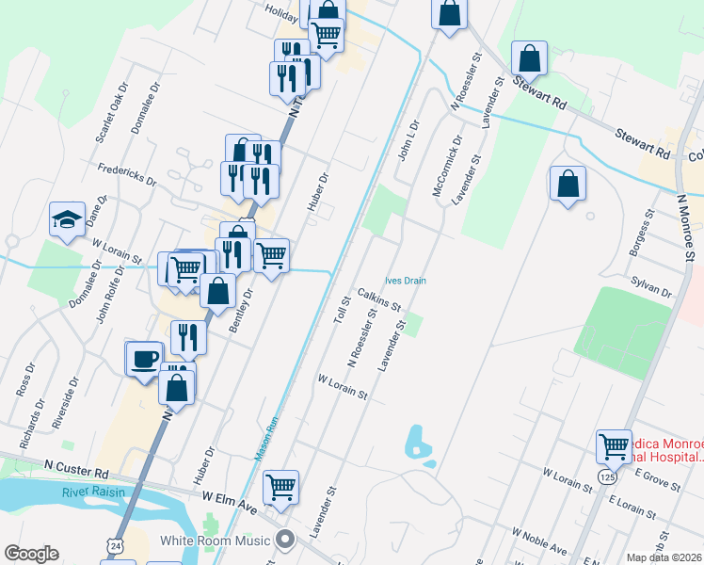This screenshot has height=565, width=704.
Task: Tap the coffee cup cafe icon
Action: [x=144, y=359]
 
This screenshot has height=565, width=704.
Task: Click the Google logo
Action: [x=31, y=554]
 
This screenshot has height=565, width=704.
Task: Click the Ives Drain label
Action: [x=407, y=280]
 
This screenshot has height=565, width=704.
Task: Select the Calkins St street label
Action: [x=379, y=299]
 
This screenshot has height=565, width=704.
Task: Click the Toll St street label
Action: [x=341, y=310]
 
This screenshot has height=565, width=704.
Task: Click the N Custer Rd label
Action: [x=77, y=466]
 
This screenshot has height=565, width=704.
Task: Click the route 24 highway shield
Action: [x=114, y=544]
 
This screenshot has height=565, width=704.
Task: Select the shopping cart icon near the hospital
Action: [x=614, y=446]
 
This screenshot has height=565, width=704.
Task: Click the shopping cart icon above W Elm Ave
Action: [x=280, y=487]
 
